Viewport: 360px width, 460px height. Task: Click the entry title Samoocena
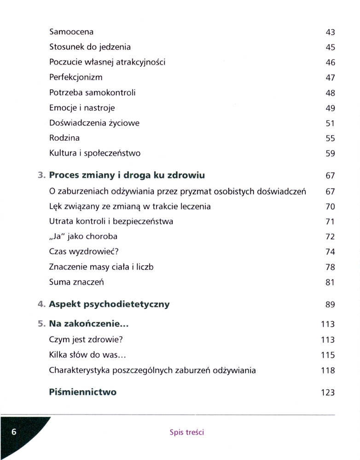tap(71, 32)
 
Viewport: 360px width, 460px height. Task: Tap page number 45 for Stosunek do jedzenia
tap(330, 47)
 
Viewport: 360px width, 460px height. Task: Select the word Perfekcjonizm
tap(75, 77)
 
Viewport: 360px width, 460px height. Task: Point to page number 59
tap(330, 154)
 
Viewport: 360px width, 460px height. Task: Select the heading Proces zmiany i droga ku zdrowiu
tap(127, 175)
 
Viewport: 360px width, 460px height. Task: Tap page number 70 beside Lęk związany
tap(330, 207)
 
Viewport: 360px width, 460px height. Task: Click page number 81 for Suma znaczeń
tap(330, 282)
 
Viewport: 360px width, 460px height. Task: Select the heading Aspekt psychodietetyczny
tap(109, 304)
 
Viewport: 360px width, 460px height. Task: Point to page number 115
tap(328, 355)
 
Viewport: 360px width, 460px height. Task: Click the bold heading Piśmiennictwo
tap(83, 392)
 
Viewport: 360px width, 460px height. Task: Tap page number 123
tap(328, 393)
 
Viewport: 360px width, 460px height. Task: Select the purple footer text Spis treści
tap(187, 432)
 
